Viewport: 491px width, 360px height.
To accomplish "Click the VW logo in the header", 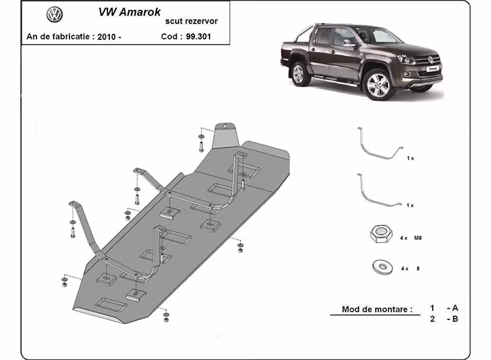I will (x=54, y=14).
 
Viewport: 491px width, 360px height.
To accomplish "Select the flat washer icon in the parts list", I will (x=379, y=268).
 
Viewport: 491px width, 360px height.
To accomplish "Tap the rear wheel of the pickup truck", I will (x=299, y=73).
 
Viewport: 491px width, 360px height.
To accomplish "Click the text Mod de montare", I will (x=377, y=309).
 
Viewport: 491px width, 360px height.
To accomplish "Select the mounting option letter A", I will (x=454, y=308).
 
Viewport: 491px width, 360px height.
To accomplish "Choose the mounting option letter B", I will (x=454, y=319).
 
